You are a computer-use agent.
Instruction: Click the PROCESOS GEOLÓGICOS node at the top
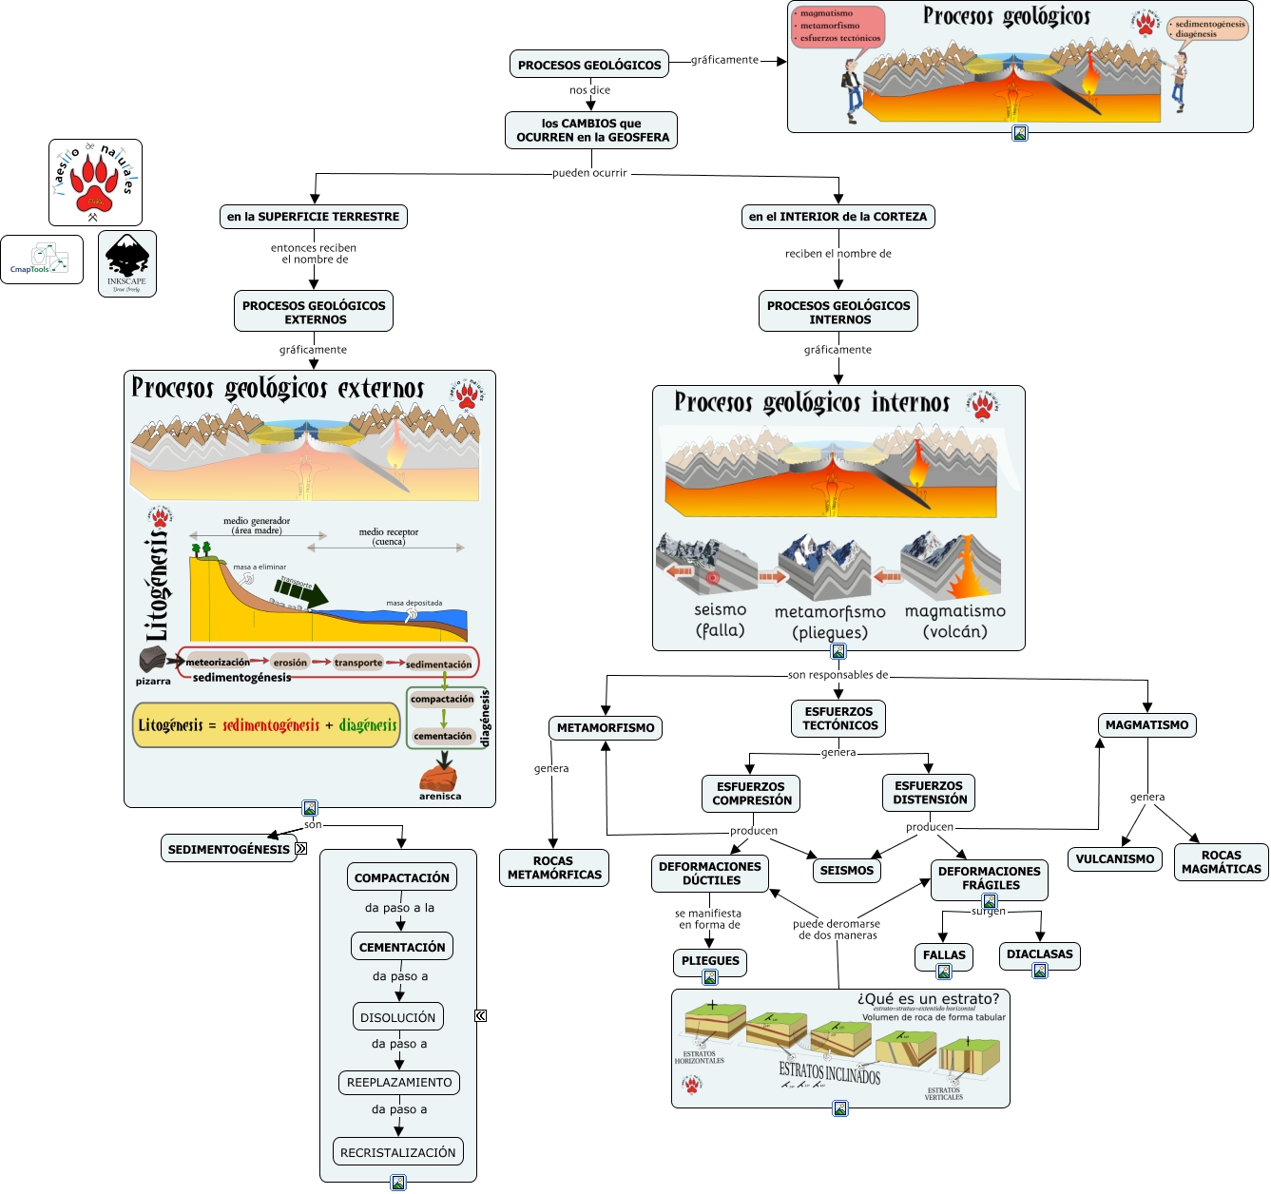589,65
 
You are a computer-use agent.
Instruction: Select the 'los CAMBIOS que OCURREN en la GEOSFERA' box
591,130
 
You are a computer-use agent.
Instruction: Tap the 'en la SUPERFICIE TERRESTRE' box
313,217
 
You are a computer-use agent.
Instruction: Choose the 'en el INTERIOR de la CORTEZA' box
838,217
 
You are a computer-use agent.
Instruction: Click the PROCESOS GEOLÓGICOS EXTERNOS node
314,312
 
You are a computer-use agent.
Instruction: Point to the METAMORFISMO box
606,728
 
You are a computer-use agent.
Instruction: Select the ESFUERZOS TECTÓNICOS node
839,719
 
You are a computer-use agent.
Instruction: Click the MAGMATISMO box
1146,725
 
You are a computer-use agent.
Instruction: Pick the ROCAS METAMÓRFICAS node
554,868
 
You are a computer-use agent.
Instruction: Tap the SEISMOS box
846,870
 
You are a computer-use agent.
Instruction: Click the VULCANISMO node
1115,859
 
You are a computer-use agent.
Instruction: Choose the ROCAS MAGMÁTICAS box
1221,862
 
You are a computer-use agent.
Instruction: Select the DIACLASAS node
1039,954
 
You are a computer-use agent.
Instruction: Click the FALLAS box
944,955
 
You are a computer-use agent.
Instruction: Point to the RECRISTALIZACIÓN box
398,1152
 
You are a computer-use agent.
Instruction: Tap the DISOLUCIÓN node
398,1017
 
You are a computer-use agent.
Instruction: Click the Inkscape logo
127,263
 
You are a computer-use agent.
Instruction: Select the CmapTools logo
42,260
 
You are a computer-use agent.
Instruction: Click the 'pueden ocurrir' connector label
589,173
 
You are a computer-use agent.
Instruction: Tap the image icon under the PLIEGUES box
710,977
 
